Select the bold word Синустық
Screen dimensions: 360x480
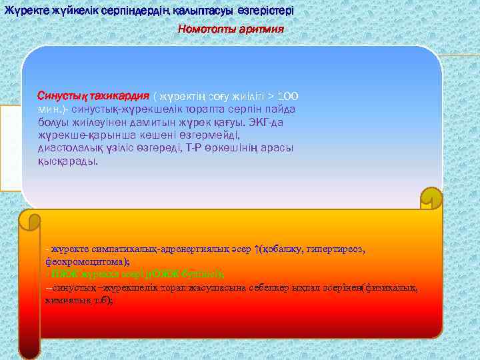coord(59,96)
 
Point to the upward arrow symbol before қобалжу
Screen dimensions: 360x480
coord(257,249)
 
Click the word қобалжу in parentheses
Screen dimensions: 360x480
coord(283,249)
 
